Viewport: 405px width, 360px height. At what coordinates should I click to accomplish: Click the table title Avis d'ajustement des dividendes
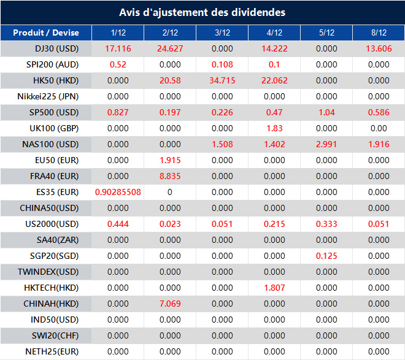coord(202,12)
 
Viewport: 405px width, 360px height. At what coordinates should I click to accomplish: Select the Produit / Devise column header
coord(46,33)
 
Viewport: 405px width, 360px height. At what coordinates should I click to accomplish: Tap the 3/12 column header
coord(222,33)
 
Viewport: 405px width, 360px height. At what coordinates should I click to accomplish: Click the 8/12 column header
coord(379,33)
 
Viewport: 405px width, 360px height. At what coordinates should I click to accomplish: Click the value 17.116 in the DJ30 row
coord(118,48)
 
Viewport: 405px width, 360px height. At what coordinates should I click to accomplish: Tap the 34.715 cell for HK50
coord(222,80)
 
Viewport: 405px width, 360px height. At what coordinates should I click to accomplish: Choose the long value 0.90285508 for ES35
coord(118,192)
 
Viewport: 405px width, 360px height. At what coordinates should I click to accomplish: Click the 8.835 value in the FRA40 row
coord(170,176)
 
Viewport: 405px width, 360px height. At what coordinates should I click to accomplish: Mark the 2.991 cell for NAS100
coord(326,144)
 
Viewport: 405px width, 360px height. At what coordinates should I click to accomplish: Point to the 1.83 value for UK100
coord(274,128)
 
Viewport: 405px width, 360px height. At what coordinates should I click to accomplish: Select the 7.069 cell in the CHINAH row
coord(170,304)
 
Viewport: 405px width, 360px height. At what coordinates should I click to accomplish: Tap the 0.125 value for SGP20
coord(326,256)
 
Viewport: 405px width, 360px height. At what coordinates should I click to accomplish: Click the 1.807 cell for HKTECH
coord(274,288)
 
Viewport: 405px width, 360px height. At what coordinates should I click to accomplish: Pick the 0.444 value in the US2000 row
coord(118,224)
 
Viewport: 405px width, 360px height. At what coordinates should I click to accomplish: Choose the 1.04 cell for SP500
coord(326,112)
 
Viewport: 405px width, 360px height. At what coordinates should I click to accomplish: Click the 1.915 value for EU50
coord(170,160)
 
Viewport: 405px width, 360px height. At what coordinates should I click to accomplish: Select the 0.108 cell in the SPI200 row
coord(222,64)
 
